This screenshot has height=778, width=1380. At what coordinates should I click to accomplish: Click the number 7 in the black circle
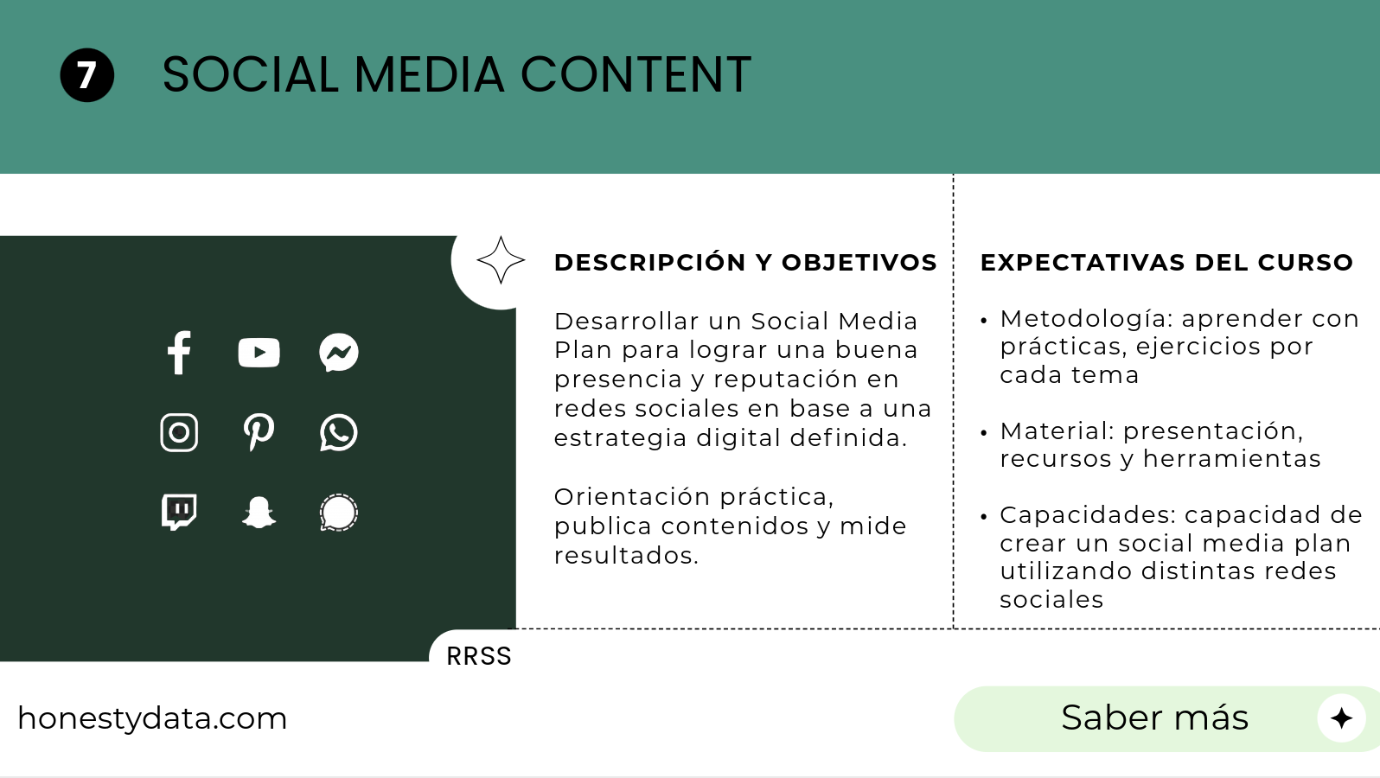[x=86, y=75]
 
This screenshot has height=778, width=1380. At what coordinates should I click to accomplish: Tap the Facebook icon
[x=179, y=353]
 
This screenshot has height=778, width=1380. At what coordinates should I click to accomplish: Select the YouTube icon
[x=259, y=353]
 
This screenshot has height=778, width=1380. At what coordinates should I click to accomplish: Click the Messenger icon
[x=339, y=353]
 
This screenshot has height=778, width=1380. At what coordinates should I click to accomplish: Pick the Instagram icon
[x=179, y=432]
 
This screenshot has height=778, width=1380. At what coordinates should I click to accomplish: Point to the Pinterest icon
[x=259, y=432]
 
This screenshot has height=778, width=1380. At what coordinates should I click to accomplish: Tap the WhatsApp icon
[x=339, y=432]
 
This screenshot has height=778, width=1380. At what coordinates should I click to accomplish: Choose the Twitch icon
[x=179, y=512]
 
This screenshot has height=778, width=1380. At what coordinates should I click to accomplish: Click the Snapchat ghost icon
[x=259, y=512]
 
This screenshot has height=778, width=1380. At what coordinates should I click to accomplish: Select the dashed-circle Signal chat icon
[x=339, y=513]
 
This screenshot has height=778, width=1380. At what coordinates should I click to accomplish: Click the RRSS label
[x=479, y=656]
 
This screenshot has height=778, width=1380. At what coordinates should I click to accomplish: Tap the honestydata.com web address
[x=152, y=719]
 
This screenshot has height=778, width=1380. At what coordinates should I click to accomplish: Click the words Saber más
[x=1154, y=717]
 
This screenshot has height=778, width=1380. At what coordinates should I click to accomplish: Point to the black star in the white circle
[x=1341, y=718]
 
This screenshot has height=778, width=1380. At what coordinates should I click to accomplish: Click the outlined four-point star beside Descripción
[x=501, y=260]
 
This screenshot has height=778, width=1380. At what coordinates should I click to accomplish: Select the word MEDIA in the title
[x=430, y=74]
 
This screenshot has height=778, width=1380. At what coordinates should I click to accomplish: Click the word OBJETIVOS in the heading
[x=859, y=263]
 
